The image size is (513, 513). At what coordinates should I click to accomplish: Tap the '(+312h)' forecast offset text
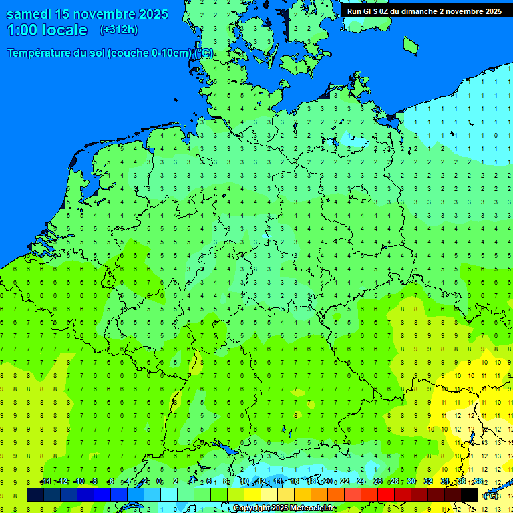point(118,30)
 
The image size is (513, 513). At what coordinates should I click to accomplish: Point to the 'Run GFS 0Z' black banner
point(424,11)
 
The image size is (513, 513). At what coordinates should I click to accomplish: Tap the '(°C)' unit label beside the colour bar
point(491,496)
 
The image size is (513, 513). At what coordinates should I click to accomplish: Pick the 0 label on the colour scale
point(159,482)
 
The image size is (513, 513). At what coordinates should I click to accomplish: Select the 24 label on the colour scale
point(361,482)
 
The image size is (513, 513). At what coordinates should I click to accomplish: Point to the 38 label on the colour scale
point(478,482)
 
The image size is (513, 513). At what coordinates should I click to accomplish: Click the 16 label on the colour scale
point(295,482)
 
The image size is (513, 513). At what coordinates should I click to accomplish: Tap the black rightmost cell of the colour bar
point(470,495)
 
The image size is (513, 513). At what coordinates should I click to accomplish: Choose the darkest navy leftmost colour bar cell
point(35,495)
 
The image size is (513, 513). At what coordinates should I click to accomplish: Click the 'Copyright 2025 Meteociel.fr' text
point(285,508)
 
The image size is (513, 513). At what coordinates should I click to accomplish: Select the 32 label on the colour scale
point(428,482)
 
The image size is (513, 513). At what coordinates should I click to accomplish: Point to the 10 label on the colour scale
point(244,482)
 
